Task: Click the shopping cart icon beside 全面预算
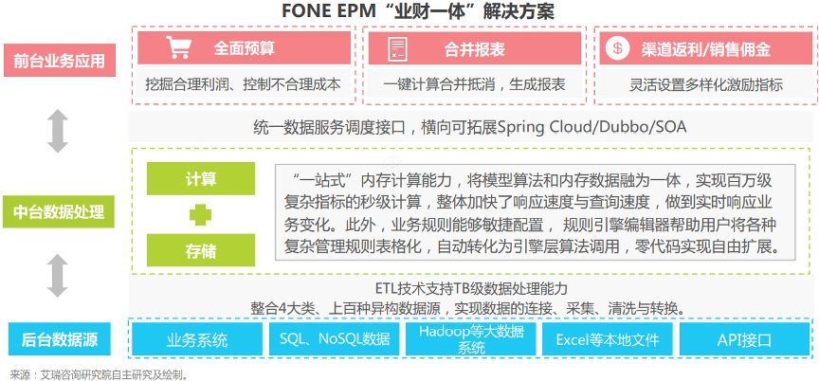click(x=177, y=47)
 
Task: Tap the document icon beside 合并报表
click(x=397, y=48)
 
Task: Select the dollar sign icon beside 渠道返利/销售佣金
click(x=617, y=48)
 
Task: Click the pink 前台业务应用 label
click(x=59, y=61)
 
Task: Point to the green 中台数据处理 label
click(x=59, y=212)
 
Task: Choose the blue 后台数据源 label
click(x=60, y=340)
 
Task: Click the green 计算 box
click(x=201, y=178)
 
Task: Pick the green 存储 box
click(x=201, y=250)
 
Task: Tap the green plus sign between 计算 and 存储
click(x=200, y=214)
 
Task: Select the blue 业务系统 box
click(x=197, y=340)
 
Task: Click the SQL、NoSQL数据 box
click(x=335, y=340)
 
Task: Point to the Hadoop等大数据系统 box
click(x=471, y=340)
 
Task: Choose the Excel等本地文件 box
click(x=608, y=340)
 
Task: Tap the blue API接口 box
click(x=744, y=340)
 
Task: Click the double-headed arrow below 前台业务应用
click(x=58, y=131)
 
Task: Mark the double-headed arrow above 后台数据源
click(x=58, y=276)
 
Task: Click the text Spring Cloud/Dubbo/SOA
click(x=592, y=127)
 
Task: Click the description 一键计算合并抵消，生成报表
click(x=474, y=84)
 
